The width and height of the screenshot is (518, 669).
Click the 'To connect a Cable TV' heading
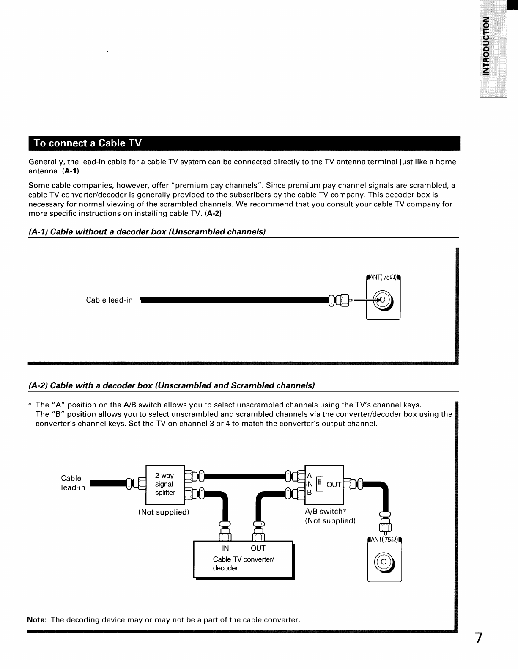[88, 143]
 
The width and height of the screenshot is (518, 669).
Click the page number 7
[478, 638]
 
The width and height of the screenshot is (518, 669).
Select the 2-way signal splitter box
[165, 484]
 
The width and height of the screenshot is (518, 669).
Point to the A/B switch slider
[320, 484]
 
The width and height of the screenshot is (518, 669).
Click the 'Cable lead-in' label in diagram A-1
[110, 300]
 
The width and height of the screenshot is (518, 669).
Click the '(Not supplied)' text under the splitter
[164, 512]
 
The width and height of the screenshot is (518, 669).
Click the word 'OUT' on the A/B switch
[334, 485]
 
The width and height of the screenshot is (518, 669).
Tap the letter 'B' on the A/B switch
[309, 493]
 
